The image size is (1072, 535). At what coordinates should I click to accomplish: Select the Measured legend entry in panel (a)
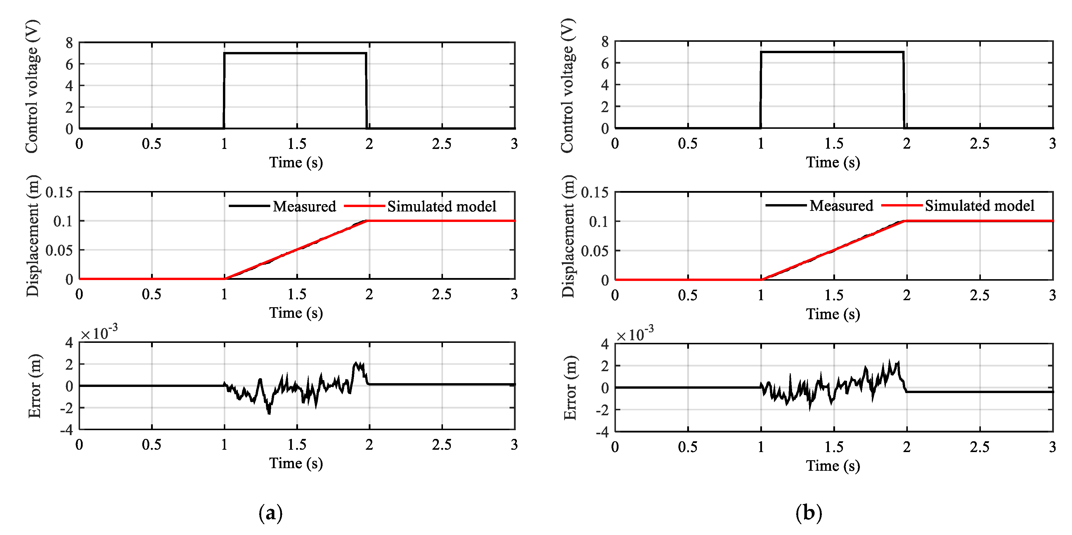pyautogui.click(x=304, y=206)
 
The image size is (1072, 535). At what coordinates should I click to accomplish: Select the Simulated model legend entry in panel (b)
pyautogui.click(x=979, y=206)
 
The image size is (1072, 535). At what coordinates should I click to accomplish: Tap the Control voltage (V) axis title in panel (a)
pyautogui.click(x=32, y=86)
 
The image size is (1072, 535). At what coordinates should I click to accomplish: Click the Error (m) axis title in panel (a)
pyautogui.click(x=35, y=386)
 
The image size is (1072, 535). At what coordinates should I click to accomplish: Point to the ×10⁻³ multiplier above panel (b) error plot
pyautogui.click(x=635, y=334)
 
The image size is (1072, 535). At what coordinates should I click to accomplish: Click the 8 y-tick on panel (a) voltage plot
pyautogui.click(x=69, y=43)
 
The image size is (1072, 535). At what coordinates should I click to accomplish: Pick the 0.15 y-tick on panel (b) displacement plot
pyautogui.click(x=594, y=193)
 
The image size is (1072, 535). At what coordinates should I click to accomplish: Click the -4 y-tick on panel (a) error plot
pyautogui.click(x=67, y=430)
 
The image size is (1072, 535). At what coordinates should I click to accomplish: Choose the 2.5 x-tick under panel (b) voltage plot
pyautogui.click(x=980, y=143)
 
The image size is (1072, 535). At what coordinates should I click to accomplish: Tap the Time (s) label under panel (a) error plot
pyautogui.click(x=296, y=463)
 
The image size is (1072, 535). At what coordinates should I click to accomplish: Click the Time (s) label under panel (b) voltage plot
pyautogui.click(x=833, y=162)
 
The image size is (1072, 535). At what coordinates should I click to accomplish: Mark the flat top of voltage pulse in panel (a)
pyautogui.click(x=295, y=53)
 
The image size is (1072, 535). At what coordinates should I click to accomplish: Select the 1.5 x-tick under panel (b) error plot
pyautogui.click(x=834, y=447)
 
